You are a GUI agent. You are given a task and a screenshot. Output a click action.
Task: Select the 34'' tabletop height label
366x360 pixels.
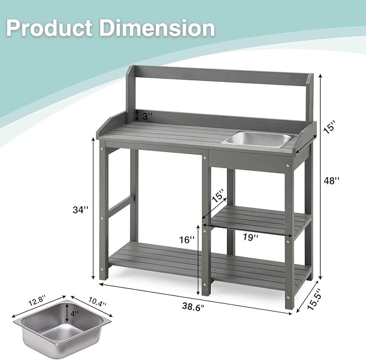tap(80, 210)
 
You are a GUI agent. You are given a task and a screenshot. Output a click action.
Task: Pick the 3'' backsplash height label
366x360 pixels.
tap(147, 116)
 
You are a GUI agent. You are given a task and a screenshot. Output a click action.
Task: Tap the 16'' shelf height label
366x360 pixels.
tap(187, 240)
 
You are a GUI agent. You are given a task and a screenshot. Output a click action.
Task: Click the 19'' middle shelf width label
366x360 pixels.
tap(250, 237)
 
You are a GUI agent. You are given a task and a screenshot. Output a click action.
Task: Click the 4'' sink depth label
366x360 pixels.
tap(74, 313)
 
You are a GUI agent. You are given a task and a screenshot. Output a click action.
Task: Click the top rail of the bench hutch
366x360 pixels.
tap(221, 75)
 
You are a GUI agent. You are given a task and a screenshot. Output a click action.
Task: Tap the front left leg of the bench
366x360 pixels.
tap(103, 216)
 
